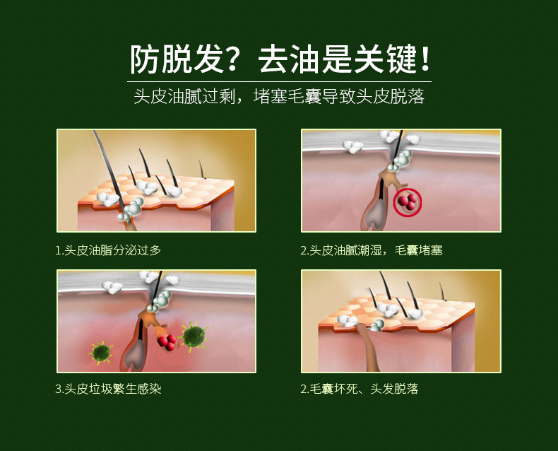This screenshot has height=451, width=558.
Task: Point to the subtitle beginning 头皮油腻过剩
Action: coord(279,97)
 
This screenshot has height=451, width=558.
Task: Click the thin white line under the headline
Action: coord(279,81)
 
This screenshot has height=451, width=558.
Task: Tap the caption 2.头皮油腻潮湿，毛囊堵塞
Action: coord(372,250)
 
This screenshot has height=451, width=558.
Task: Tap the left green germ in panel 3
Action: coord(101,351)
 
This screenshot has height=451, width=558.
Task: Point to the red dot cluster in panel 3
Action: coord(167,342)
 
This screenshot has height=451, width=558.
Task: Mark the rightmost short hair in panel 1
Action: coord(202,168)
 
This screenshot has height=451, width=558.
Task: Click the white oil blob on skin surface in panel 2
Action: coord(352,147)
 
